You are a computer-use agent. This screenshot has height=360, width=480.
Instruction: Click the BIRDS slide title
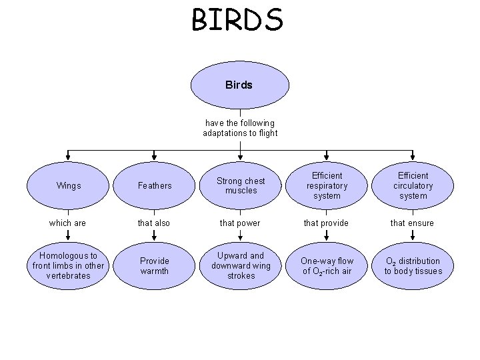[x=237, y=19]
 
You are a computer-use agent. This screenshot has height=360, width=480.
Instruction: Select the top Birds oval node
[x=240, y=85]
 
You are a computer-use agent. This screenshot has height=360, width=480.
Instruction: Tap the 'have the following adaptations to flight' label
[x=240, y=128]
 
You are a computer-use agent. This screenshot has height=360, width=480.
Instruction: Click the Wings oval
[x=69, y=186]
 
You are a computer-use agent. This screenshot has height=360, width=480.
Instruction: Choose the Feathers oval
[x=155, y=186]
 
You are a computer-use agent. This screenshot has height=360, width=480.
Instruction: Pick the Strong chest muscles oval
[x=241, y=186]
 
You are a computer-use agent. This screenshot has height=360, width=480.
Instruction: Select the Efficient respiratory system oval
[x=327, y=186]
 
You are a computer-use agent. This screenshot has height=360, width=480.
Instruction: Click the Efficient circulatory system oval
[x=413, y=186]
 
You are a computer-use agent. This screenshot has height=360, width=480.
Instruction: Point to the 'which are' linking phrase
[x=68, y=223]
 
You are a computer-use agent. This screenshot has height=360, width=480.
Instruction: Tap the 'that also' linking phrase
[x=154, y=223]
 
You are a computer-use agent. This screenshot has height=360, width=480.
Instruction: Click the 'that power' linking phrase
[x=241, y=223]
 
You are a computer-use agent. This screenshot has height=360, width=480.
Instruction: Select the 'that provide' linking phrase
[x=327, y=223]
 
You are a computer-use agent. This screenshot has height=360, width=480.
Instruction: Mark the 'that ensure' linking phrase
[x=412, y=223]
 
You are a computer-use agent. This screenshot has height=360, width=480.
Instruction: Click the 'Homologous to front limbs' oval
[x=69, y=265]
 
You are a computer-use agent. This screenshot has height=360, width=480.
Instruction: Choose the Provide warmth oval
[x=155, y=265]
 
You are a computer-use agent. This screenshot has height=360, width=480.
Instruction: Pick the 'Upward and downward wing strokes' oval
[x=241, y=265]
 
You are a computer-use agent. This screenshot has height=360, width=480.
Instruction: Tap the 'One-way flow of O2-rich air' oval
[x=327, y=265]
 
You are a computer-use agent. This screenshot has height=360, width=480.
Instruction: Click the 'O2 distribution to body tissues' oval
[x=413, y=265]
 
